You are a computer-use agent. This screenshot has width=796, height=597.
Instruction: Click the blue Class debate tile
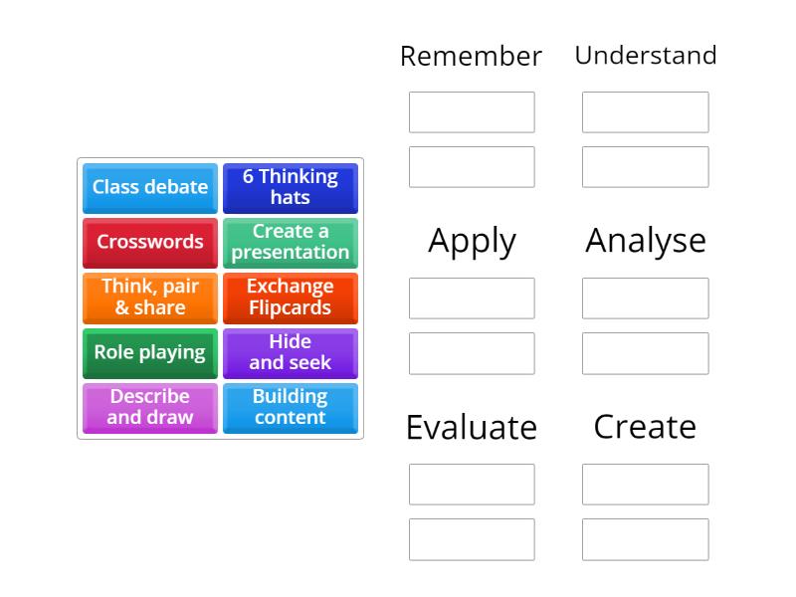tap(150, 187)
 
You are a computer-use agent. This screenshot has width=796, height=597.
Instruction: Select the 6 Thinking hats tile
tap(290, 187)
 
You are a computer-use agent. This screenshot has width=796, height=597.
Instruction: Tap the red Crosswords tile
tap(150, 242)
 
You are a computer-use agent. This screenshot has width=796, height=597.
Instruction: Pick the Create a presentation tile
tap(290, 242)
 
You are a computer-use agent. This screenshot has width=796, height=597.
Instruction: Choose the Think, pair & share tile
tap(150, 298)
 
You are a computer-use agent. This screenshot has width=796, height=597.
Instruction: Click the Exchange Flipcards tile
tap(290, 298)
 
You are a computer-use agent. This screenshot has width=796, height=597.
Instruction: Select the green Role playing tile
tap(150, 352)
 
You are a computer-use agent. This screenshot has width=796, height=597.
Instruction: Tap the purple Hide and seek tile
tap(290, 352)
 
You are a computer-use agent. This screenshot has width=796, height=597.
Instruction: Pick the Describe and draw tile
tap(150, 407)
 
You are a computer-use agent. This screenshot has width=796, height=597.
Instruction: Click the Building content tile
tap(290, 407)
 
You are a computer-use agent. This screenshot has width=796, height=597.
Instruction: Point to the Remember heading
tap(471, 56)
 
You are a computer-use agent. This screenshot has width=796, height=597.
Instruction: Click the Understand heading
tap(646, 55)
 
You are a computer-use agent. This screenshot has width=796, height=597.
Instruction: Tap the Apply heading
tap(472, 241)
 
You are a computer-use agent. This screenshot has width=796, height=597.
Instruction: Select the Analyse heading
tap(646, 240)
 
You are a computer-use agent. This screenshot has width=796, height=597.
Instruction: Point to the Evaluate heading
tap(472, 427)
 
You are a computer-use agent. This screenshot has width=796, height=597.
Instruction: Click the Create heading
tap(645, 426)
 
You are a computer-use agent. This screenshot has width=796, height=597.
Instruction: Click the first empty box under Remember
tap(472, 112)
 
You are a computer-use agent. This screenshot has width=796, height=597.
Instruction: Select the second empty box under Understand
tap(646, 167)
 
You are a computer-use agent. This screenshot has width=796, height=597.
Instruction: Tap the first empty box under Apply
tap(472, 298)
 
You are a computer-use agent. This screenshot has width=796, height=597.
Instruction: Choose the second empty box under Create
tap(646, 539)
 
